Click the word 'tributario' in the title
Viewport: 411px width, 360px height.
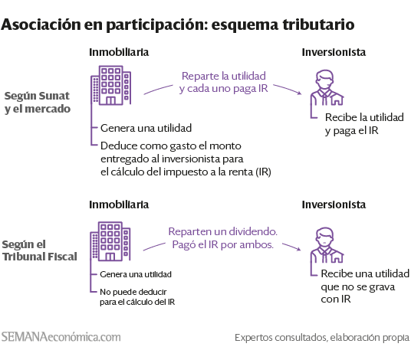point(318,25)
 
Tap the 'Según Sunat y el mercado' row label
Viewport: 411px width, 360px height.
point(38,103)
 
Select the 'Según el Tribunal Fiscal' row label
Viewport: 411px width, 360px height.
point(40,250)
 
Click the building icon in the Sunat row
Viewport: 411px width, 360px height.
point(110,85)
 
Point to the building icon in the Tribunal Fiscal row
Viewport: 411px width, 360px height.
point(110,241)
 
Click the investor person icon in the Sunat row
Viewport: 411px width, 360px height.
point(327,87)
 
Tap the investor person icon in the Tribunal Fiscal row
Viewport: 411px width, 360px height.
point(327,245)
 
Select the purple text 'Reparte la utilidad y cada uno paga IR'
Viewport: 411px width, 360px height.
point(224,82)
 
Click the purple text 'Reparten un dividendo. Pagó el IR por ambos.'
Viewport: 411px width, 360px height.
point(223,238)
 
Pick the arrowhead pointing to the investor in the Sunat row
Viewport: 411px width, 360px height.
point(299,93)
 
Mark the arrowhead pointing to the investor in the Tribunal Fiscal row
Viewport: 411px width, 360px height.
point(298,249)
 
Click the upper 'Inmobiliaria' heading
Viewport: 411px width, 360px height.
point(119,52)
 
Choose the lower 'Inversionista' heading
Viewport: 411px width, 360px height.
point(334,205)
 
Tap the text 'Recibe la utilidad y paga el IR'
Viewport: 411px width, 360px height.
point(364,124)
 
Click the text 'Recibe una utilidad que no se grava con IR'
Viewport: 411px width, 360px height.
point(365,286)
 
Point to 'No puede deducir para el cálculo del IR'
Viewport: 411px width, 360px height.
point(137,297)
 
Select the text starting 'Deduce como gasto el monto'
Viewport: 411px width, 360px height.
point(186,159)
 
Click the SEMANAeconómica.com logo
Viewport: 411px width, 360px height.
point(61,337)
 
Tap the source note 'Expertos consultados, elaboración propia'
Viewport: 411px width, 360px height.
point(322,338)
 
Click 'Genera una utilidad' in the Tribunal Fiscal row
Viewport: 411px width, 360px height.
point(136,274)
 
